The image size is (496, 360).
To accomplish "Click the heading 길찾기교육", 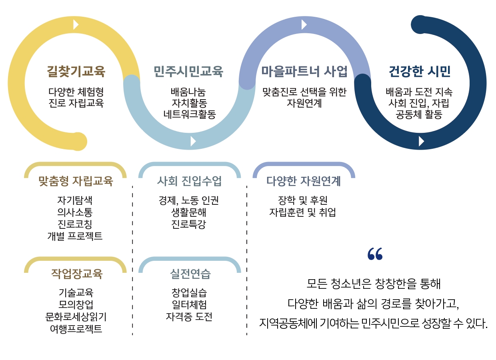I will (x=76, y=72).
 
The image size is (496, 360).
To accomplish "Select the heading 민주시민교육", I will (x=188, y=72).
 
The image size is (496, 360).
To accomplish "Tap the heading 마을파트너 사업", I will (x=304, y=72).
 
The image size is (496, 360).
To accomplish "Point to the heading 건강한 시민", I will (x=420, y=72).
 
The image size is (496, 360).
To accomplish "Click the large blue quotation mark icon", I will (x=375, y=254).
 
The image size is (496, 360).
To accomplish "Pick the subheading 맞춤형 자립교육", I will (x=76, y=181).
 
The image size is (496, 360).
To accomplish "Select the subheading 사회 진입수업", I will (x=189, y=181).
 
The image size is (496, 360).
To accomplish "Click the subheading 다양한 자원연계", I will (x=304, y=181).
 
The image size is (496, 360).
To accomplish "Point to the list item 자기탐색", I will (x=75, y=200).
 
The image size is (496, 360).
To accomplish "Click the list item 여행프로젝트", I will (x=76, y=329).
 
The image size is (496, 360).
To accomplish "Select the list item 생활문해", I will (x=189, y=212).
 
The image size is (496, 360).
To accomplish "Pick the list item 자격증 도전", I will (x=189, y=317).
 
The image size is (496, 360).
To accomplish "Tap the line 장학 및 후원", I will (x=303, y=200).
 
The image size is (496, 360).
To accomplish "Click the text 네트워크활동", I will (x=190, y=114).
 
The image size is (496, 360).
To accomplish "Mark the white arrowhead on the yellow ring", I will (x=76, y=25).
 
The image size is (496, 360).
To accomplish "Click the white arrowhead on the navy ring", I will (x=421, y=141).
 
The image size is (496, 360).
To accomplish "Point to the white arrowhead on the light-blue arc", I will (x=193, y=141).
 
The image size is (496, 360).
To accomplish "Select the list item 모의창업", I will (x=76, y=305).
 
